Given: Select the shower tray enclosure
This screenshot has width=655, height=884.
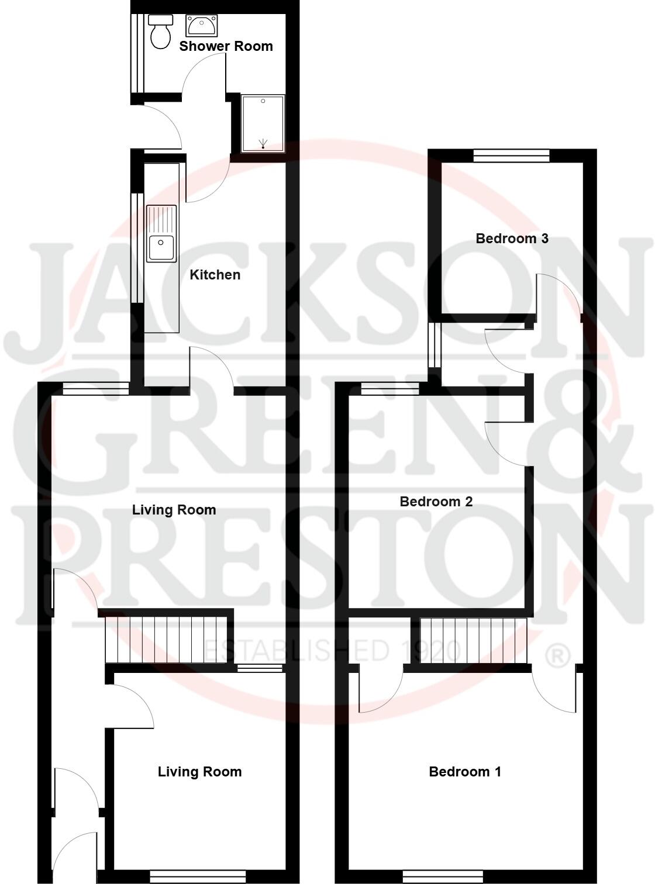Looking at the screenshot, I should pyautogui.click(x=263, y=123).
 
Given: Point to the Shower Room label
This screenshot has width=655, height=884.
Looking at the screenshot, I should pyautogui.click(x=226, y=46).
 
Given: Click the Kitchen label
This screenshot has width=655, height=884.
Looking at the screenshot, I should pyautogui.click(x=215, y=275).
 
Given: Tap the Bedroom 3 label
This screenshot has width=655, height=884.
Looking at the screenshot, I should pyautogui.click(x=512, y=239).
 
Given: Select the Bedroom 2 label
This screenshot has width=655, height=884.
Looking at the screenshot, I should pyautogui.click(x=436, y=502).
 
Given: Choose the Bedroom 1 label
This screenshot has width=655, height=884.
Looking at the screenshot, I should pyautogui.click(x=465, y=772).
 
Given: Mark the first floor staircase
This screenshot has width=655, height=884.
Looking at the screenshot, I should pyautogui.click(x=474, y=641).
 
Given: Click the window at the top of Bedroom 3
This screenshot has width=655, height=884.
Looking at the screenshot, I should pyautogui.click(x=511, y=156).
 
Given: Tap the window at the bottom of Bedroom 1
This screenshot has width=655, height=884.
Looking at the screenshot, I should pyautogui.click(x=443, y=876).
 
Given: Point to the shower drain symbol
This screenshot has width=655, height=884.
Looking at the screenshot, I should pyautogui.click(x=264, y=143).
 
